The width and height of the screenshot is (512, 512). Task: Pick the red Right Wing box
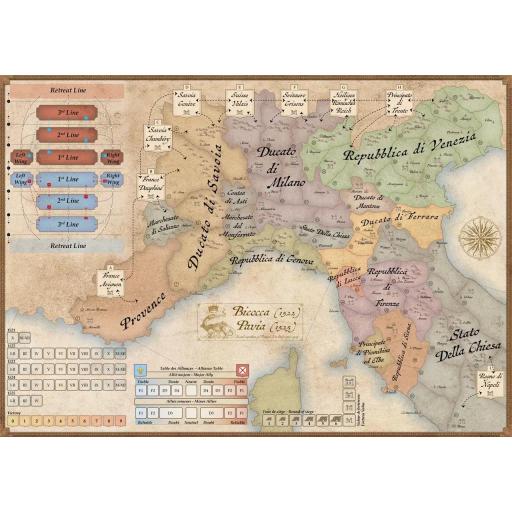(112, 156)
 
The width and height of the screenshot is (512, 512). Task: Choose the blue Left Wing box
(22, 179)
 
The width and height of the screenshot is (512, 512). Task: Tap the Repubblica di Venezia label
(405, 151)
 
